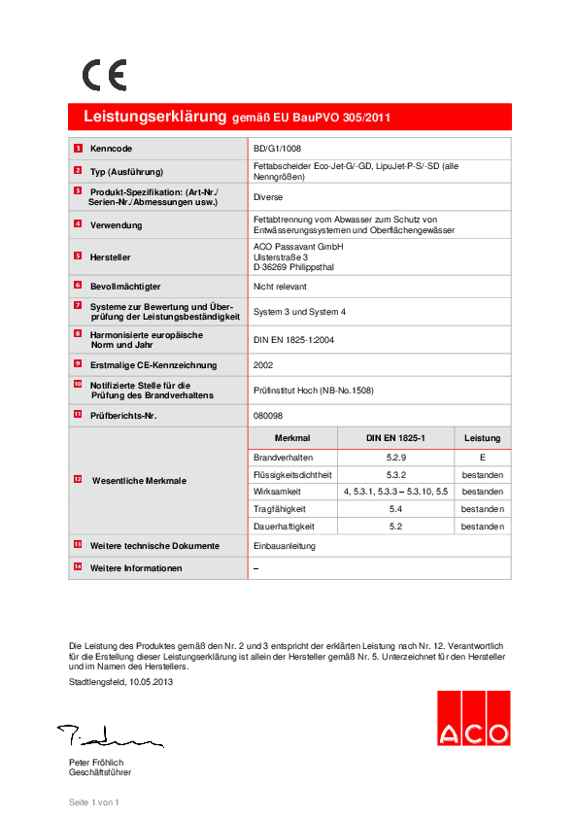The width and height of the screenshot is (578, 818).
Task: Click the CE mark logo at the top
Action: coord(104,75)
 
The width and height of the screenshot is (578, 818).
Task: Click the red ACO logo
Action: coord(472,718)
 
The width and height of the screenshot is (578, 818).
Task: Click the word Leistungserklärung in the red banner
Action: coord(154,117)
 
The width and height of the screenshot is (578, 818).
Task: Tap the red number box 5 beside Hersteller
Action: coord(78,256)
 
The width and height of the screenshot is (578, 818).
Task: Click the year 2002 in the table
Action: coord(263,365)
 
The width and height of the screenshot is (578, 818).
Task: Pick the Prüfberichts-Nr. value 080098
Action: coord(267,415)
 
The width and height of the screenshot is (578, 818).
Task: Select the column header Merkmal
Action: coord(292,438)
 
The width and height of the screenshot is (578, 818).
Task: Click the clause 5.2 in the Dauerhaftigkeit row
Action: coord(395,527)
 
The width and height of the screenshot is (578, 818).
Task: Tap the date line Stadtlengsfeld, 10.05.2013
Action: coord(121,682)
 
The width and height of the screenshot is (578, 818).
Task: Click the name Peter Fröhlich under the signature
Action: coord(96,762)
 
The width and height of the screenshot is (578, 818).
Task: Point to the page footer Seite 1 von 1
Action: coord(93,802)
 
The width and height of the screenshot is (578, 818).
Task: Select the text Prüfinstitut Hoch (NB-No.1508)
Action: coord(313,391)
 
